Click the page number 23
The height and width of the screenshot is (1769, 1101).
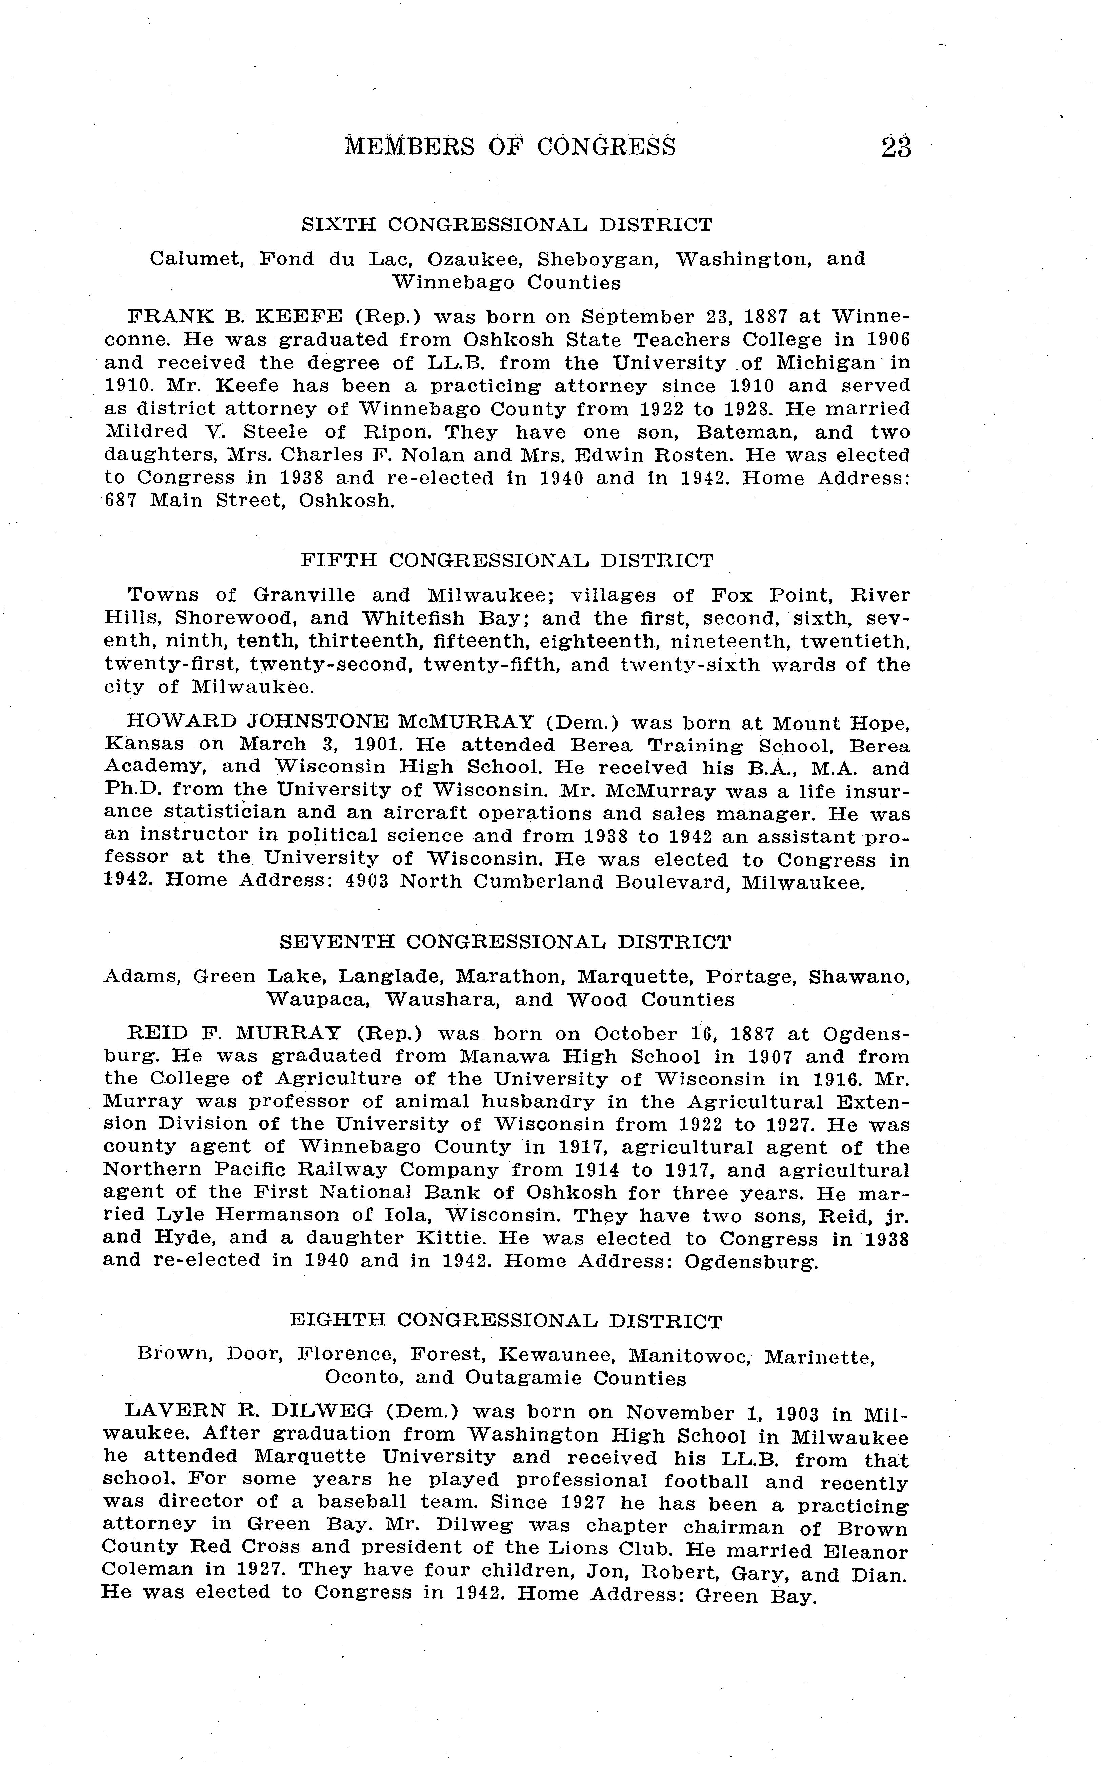pos(896,147)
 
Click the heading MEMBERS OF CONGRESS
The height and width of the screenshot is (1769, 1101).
pos(510,147)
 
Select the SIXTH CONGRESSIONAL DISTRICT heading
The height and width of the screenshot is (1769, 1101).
pos(507,225)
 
